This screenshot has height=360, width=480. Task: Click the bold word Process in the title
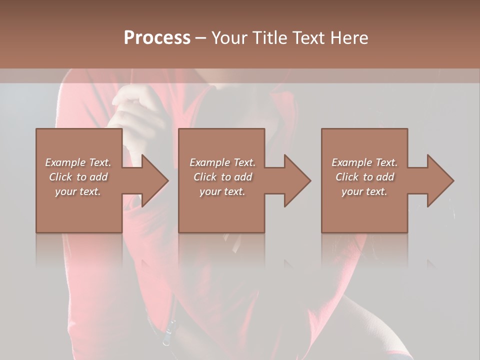[157, 38]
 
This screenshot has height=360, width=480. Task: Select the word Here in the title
[348, 38]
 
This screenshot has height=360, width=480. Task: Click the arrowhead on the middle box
[297, 180]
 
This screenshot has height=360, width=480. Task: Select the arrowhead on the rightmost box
[440, 180]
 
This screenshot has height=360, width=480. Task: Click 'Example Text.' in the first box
[78, 162]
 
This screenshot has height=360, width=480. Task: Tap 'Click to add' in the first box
[78, 177]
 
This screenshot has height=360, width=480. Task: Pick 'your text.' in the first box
[78, 191]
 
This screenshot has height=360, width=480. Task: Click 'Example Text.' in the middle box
[222, 162]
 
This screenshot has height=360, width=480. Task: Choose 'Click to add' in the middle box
[222, 177]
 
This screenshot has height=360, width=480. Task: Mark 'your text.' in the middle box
[222, 191]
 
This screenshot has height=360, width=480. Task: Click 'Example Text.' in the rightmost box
[364, 162]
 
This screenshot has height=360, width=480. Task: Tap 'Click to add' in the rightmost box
[364, 177]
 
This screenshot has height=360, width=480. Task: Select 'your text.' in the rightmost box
[364, 191]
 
